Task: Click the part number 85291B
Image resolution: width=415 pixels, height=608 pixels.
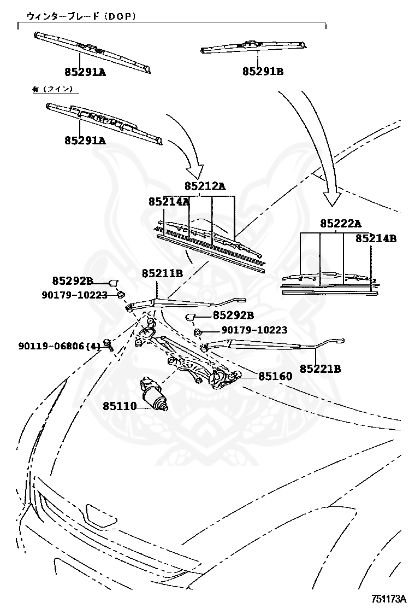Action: coord(263,72)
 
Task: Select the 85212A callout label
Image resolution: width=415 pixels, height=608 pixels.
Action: coord(205,186)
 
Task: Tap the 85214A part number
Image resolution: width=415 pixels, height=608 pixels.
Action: coord(169,202)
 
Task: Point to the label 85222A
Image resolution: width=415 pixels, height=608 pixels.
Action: coord(341,224)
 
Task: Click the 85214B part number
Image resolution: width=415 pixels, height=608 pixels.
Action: coord(376,238)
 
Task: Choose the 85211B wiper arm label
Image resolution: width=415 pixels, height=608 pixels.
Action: coord(162,272)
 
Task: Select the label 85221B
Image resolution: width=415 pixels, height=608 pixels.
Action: coord(321,369)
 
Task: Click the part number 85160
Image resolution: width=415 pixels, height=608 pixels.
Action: coord(275,376)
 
